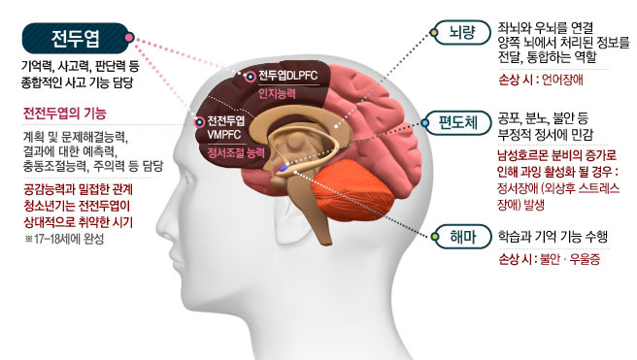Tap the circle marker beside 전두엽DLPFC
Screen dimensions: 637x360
250,75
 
